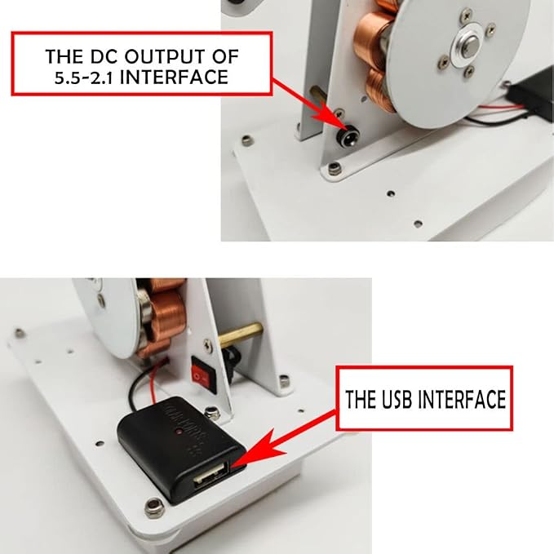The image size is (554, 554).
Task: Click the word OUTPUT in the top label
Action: click(x=165, y=56)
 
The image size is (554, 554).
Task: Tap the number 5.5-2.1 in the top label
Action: click(x=83, y=78)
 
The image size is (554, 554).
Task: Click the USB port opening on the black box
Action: click(x=211, y=477)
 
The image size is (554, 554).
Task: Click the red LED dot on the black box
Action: click(x=179, y=432)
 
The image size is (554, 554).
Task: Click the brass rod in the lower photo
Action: click(x=240, y=334)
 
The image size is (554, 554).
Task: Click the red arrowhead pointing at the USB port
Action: click(x=259, y=449)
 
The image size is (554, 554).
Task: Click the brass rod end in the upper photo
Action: click(x=317, y=93)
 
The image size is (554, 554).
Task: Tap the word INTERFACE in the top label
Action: click(x=174, y=78)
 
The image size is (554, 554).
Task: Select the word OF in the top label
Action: click(x=225, y=56)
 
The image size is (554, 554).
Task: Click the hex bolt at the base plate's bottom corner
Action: click(x=154, y=507)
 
